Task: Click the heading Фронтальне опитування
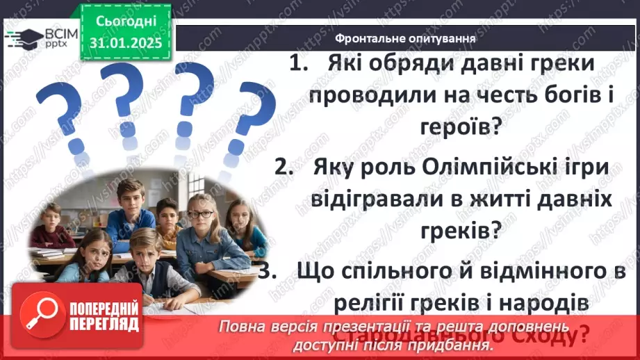(x=404, y=38)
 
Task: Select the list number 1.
(x=297, y=64)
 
